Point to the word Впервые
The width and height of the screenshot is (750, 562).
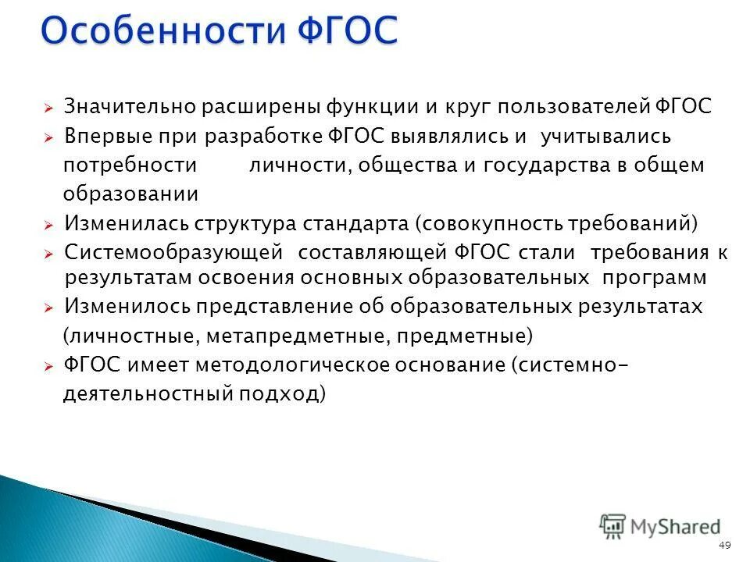(102, 137)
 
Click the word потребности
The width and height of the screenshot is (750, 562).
(130, 165)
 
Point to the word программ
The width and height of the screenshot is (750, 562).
(655, 278)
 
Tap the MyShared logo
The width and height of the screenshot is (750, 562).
(659, 526)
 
